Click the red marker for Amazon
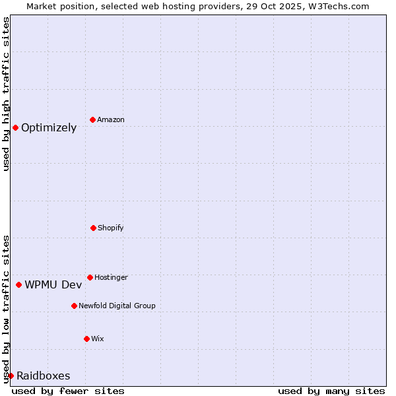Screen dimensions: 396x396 click(x=92, y=119)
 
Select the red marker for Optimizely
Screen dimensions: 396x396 click(x=15, y=127)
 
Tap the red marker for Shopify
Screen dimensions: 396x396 click(x=93, y=228)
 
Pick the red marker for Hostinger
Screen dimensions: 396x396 click(x=90, y=277)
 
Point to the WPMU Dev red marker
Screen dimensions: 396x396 click(x=18, y=284)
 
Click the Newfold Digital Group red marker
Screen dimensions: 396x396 click(x=74, y=306)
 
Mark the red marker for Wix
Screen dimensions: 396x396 click(x=86, y=339)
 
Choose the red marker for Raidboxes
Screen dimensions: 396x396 click(x=11, y=376)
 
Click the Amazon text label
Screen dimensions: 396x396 click(x=111, y=119)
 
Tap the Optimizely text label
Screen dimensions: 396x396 click(x=49, y=127)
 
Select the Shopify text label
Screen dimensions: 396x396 click(x=111, y=228)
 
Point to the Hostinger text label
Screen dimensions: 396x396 click(x=111, y=277)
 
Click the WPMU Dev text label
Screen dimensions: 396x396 click(x=53, y=284)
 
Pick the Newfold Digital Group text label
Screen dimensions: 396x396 click(x=117, y=306)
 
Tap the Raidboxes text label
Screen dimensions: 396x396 click(x=43, y=376)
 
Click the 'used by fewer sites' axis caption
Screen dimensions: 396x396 click(x=68, y=391)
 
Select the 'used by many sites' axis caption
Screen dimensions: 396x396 click(x=331, y=391)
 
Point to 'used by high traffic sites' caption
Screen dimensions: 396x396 click(x=6, y=94)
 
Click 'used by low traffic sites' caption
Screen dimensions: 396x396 click(x=6, y=309)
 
